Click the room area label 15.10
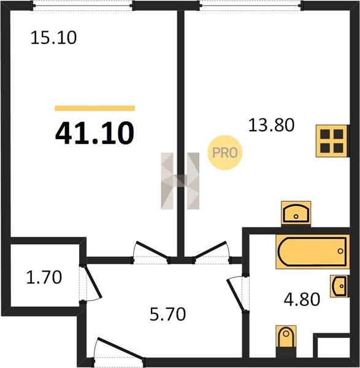tap(53, 38)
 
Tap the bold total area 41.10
tap(94, 133)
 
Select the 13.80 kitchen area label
tap(271, 125)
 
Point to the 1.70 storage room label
tap(44, 277)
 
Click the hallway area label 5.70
tap(168, 314)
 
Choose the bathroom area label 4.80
tap(302, 299)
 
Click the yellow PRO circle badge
tap(225, 153)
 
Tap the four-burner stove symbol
tap(332, 141)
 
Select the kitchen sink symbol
tap(296, 213)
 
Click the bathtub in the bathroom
tap(312, 251)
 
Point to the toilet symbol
tap(286, 338)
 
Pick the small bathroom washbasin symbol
tap(339, 286)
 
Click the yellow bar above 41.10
tap(95, 108)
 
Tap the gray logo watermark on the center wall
tap(180, 181)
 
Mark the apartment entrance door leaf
tap(121, 348)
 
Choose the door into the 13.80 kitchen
tap(210, 250)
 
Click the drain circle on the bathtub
tap(340, 251)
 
